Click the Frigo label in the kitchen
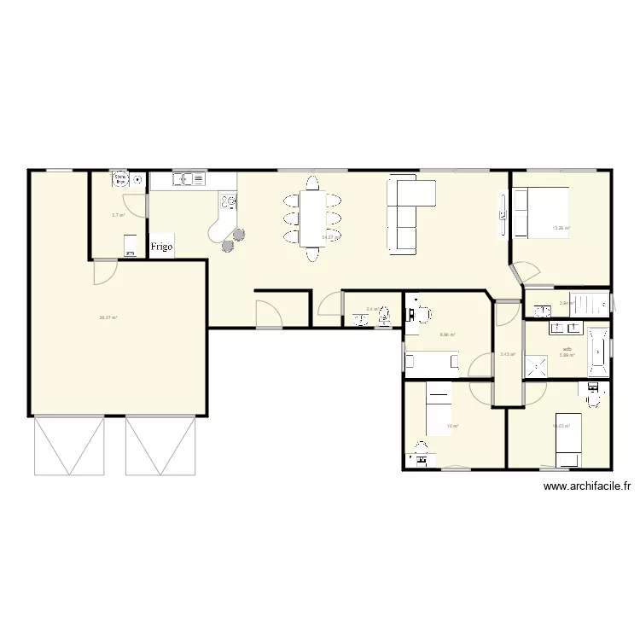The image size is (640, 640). point(161,247)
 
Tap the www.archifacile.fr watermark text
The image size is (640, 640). point(587,487)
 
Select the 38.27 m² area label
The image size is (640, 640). point(108,317)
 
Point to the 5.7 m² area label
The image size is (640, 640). point(119,215)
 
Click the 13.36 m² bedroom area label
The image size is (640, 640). point(561,228)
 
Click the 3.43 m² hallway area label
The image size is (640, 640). point(507,354)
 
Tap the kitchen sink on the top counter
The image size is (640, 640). point(189,179)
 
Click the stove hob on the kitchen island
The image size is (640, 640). point(228,201)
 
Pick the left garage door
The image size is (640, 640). point(69,445)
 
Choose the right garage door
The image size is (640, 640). point(160,445)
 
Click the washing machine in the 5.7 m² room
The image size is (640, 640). point(130,246)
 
